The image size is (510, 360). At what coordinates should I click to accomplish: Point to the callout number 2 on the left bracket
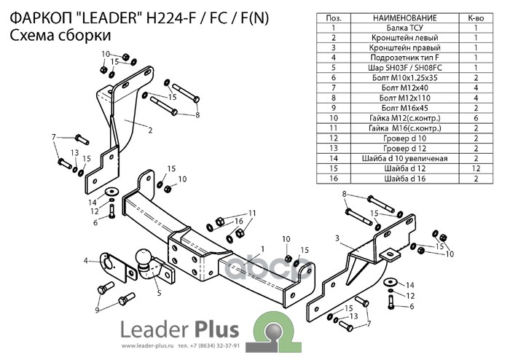150,130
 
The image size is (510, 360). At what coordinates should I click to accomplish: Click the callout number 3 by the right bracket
337,238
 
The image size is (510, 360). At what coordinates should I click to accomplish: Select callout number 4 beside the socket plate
86,259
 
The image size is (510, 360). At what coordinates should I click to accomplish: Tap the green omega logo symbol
272,327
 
